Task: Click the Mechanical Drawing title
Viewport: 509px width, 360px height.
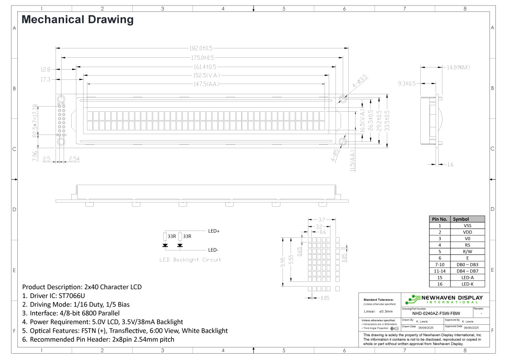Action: click(78, 20)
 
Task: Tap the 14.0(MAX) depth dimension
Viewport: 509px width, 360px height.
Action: click(458, 67)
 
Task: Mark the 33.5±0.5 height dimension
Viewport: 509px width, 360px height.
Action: click(386, 121)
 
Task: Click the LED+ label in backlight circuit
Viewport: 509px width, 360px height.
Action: click(214, 231)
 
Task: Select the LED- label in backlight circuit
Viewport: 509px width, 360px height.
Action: click(213, 250)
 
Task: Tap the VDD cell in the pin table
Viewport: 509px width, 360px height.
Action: click(467, 232)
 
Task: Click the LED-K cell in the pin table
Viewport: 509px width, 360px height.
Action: click(467, 284)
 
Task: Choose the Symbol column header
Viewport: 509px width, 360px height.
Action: click(461, 219)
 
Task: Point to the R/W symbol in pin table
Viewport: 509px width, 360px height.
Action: click(467, 251)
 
